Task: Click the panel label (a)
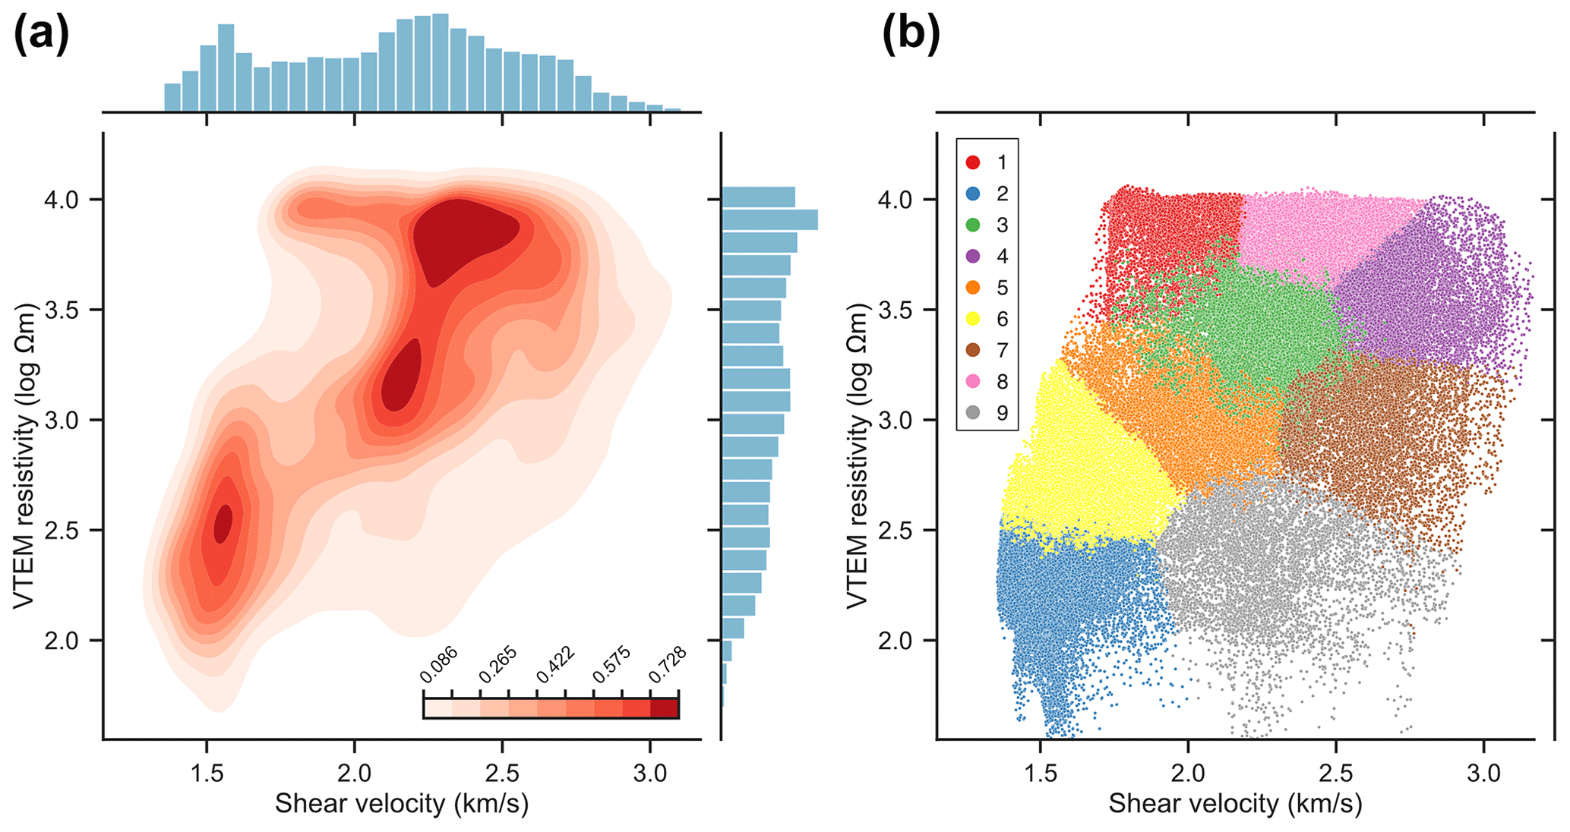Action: click(41, 35)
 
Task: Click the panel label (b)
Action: click(911, 35)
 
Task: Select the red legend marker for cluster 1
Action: click(973, 162)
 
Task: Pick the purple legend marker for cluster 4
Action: click(973, 257)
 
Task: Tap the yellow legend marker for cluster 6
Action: click(973, 320)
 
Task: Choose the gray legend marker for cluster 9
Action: click(973, 413)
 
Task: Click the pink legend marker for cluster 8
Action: click(973, 382)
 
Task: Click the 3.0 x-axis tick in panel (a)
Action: click(650, 774)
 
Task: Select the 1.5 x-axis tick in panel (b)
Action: click(1041, 774)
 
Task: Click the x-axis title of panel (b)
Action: click(1235, 804)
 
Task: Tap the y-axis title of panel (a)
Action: click(24, 455)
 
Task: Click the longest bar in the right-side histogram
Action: click(769, 220)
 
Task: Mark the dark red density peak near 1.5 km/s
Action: click(223, 524)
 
